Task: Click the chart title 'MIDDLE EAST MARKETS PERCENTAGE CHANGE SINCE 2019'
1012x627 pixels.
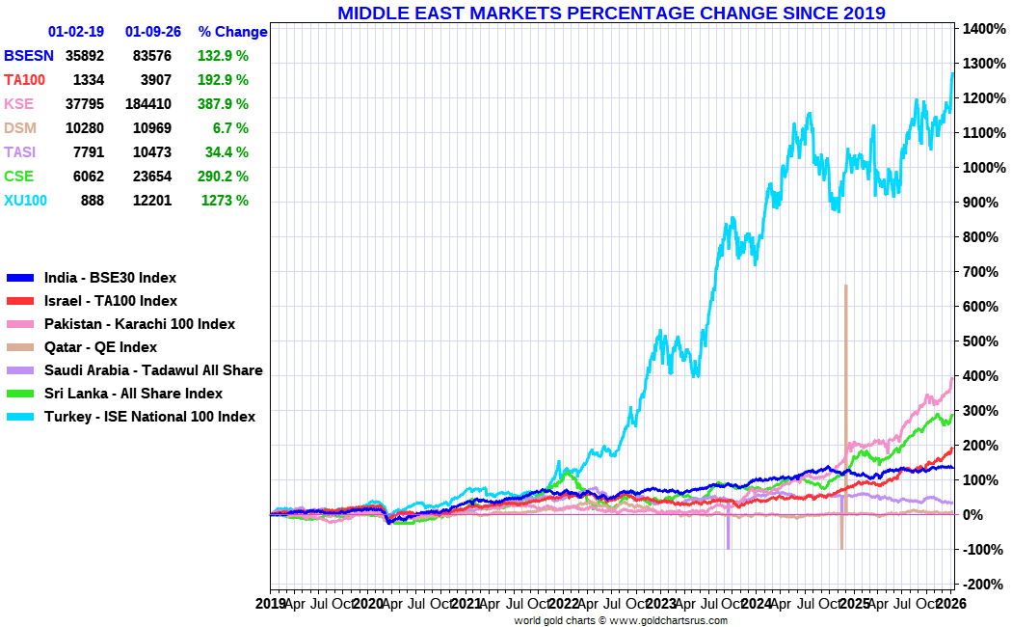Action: [611, 13]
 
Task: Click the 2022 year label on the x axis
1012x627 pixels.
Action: [563, 604]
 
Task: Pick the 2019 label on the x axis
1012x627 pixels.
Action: [271, 604]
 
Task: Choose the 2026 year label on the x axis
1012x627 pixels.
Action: [951, 604]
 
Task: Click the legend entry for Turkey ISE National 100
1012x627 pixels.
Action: [149, 417]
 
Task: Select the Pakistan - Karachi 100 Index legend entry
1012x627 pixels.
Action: [140, 324]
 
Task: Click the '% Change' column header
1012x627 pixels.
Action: [232, 32]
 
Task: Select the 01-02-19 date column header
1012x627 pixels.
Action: [75, 32]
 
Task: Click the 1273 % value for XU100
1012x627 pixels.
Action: [225, 201]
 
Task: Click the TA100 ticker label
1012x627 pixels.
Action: [25, 80]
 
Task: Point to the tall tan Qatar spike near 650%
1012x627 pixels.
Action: [845, 318]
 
